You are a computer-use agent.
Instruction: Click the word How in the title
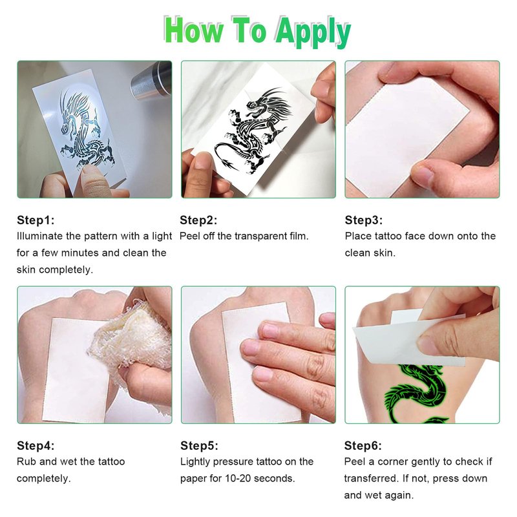coord(193,30)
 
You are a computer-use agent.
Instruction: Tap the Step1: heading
coord(36,220)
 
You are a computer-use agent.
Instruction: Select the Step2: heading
coord(198,220)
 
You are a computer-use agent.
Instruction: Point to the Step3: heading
coord(364,220)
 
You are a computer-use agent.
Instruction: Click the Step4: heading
coord(36,445)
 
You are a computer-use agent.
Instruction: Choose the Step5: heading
coord(199,445)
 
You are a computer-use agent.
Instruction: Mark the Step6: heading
coord(363,445)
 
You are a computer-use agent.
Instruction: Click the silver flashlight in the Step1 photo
coord(151,81)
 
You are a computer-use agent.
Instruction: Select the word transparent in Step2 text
coord(256,236)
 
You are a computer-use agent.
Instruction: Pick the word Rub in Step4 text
coord(26,461)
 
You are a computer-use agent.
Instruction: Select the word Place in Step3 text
coord(359,236)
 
